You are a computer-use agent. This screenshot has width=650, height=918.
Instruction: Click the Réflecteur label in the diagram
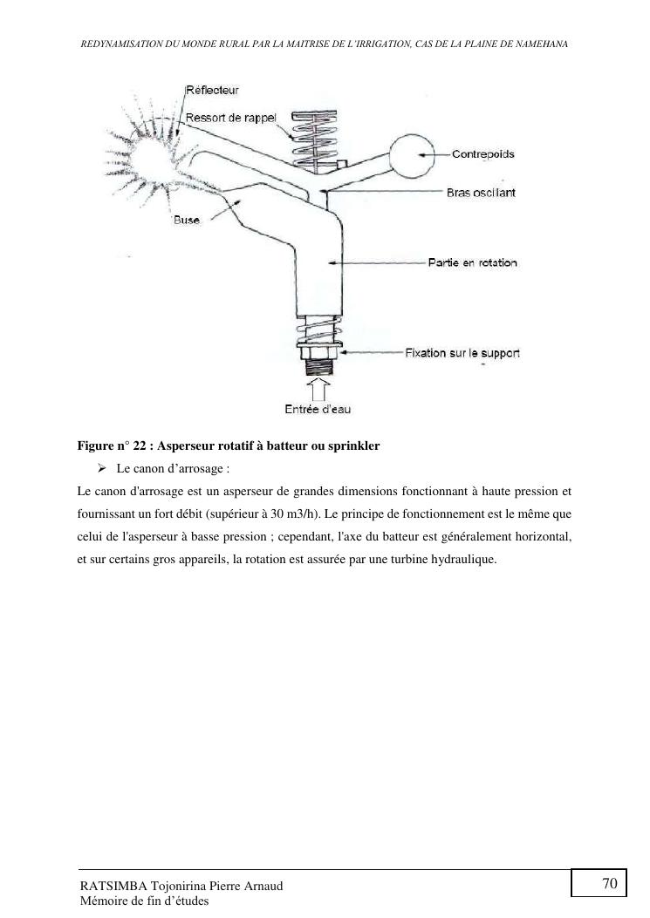(213, 90)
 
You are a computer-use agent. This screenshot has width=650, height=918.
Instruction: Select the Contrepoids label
(482, 154)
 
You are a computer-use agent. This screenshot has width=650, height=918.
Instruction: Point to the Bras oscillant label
(481, 193)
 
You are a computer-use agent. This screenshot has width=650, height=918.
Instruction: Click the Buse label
(186, 221)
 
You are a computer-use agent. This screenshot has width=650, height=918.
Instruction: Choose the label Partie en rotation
(472, 262)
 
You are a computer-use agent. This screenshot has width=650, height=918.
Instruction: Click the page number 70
(609, 884)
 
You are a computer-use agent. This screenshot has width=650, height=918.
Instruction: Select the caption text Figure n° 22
(112, 445)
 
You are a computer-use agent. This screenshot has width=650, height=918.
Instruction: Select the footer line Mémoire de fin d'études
(144, 901)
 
